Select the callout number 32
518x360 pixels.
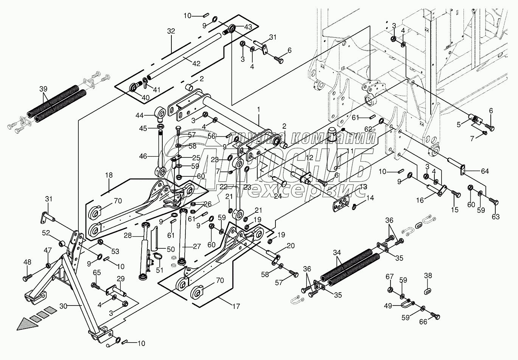[171, 31]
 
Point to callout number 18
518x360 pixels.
[109, 175]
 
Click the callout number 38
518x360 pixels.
[428, 276]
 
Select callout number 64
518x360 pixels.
[485, 171]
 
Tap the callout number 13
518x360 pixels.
[363, 187]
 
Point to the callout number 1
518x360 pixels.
[259, 109]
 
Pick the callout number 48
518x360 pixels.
[27, 262]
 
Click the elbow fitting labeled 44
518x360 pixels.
[160, 112]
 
